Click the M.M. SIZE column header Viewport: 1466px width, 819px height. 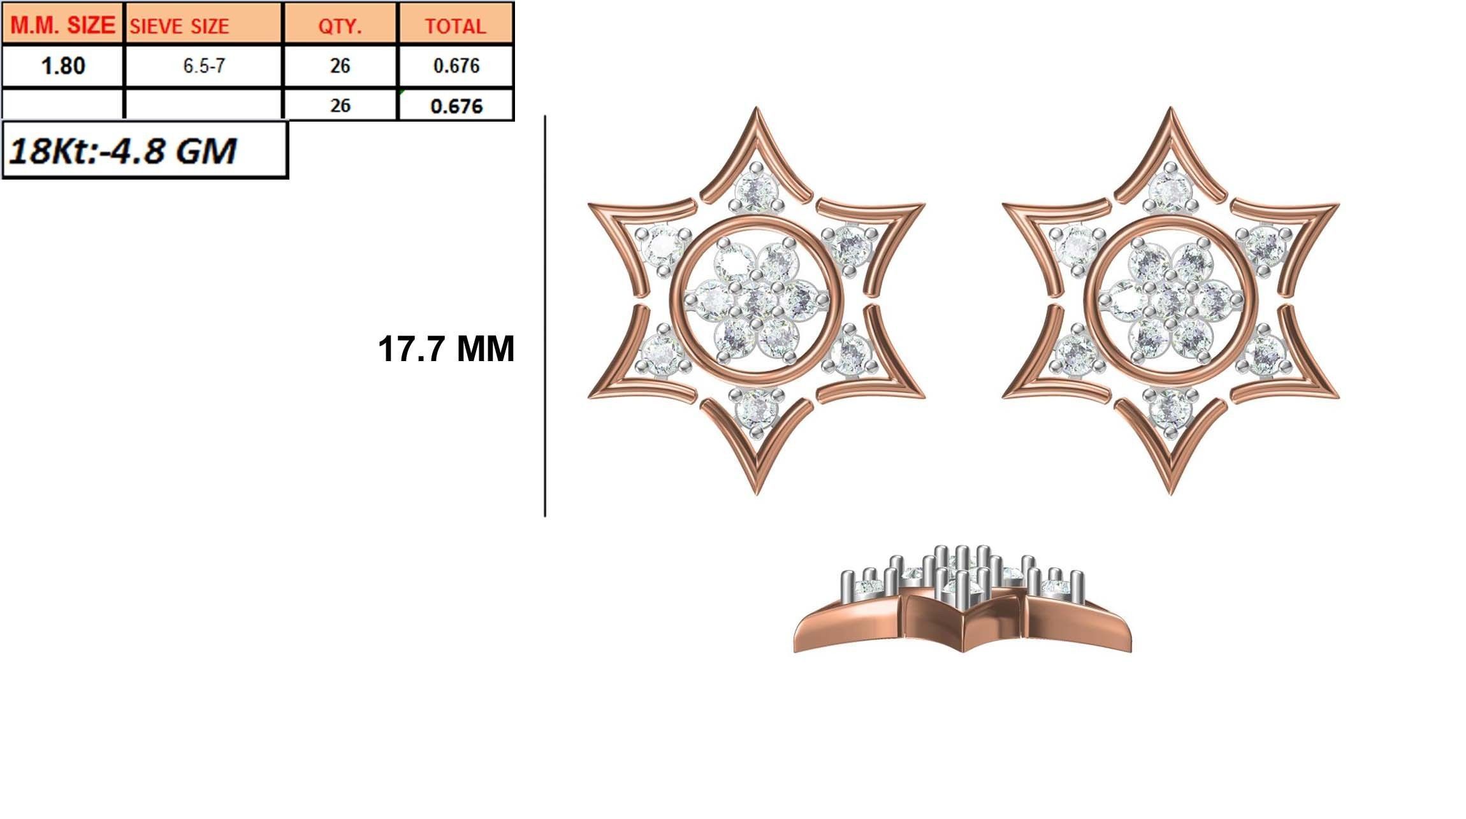click(x=62, y=25)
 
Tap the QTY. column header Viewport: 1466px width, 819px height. click(x=340, y=25)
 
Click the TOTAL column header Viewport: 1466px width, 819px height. click(x=455, y=25)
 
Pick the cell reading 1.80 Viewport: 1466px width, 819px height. click(x=62, y=66)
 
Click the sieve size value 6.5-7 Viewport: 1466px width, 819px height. click(x=203, y=66)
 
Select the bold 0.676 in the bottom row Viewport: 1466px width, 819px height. click(x=456, y=106)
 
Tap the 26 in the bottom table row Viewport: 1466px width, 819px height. click(x=340, y=105)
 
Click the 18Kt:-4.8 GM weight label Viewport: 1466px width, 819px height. click(x=122, y=151)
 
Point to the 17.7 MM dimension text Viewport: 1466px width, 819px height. click(x=446, y=349)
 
